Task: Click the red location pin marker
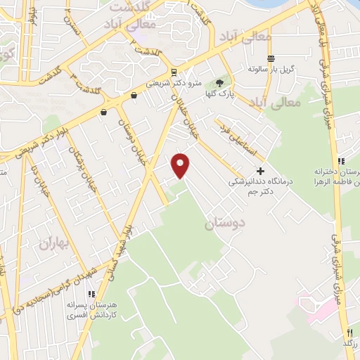pyautogui.click(x=181, y=165)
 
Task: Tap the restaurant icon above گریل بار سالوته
pyautogui.click(x=271, y=58)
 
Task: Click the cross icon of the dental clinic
pyautogui.click(x=260, y=170)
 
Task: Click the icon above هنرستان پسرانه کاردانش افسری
pyautogui.click(x=91, y=294)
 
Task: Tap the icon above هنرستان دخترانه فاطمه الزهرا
pyautogui.click(x=341, y=161)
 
